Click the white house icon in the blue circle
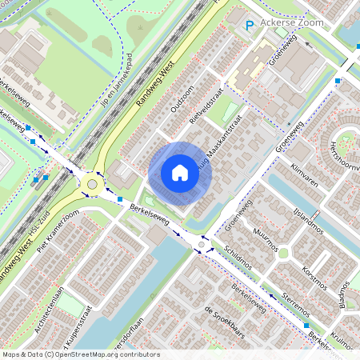pyautogui.click(x=180, y=172)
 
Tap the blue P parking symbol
pyautogui.click(x=250, y=26)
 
